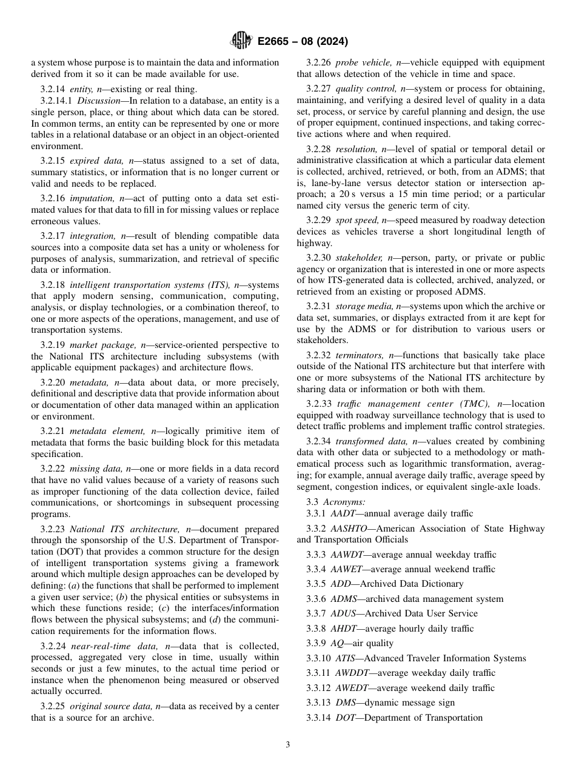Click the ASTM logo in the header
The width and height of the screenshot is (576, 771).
pos(241,42)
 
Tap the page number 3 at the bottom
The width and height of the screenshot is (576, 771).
pos(288,745)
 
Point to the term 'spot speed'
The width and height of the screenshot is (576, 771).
pos(355,220)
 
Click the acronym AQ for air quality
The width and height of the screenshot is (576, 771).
pos(337,643)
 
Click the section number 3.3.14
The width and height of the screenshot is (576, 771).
pos(319,718)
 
